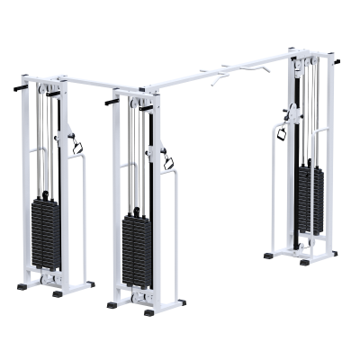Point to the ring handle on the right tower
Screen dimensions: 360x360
pos(280,133)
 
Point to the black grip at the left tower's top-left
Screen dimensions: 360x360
pos(20,87)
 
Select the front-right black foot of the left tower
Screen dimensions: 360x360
pos(58,293)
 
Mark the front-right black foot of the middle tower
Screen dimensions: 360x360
pos(148,312)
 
